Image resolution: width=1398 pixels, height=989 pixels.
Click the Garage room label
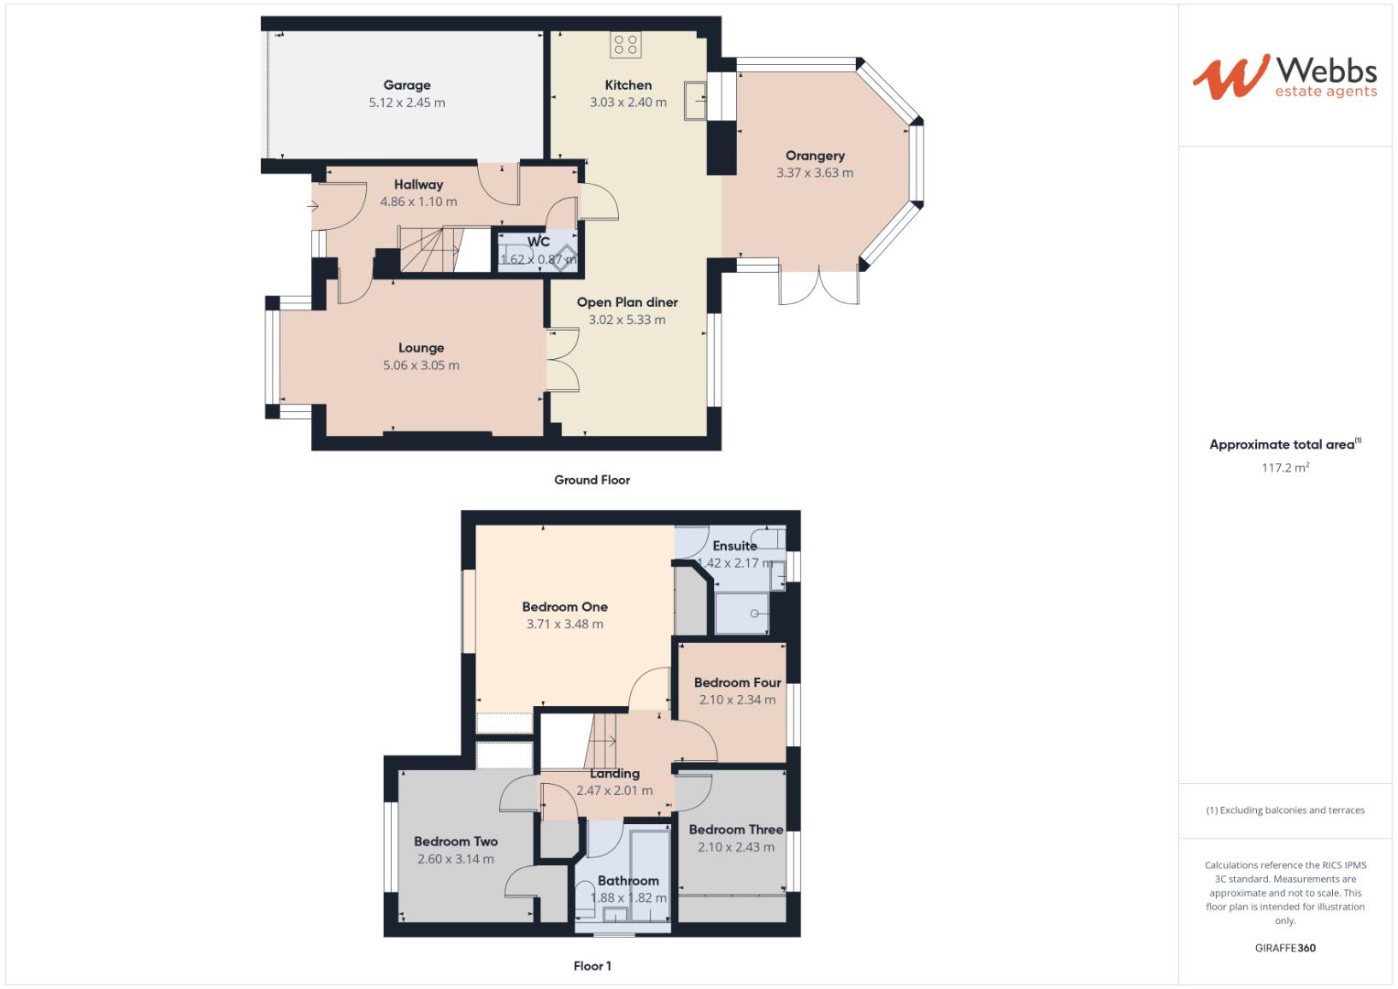click(406, 85)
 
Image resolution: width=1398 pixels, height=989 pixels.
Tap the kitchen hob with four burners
click(626, 45)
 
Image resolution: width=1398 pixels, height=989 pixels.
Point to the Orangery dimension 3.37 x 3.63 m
click(814, 173)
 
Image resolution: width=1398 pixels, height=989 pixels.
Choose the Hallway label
click(418, 184)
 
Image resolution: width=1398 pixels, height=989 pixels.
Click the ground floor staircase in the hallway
click(428, 250)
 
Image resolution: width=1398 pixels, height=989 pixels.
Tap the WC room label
click(538, 242)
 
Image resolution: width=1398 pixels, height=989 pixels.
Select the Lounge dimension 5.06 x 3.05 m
click(421, 365)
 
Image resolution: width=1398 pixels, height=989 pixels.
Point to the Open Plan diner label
click(627, 302)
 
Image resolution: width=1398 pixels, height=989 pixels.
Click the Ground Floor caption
click(591, 480)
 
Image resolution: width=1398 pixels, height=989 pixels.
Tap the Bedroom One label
click(565, 606)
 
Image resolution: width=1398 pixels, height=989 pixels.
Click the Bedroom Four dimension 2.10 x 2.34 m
click(737, 700)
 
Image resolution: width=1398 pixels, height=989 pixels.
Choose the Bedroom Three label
click(736, 830)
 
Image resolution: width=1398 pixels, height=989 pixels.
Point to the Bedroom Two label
click(455, 842)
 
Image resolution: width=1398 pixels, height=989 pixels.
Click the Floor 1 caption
click(592, 966)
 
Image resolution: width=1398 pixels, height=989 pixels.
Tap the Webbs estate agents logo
click(1284, 77)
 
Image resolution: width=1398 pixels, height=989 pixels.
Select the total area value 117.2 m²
click(1284, 468)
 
